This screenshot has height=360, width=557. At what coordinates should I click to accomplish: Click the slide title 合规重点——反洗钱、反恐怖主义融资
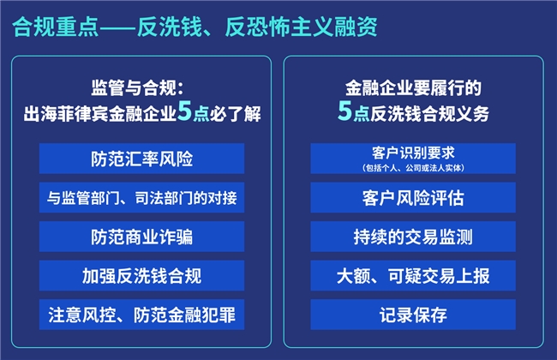(195, 27)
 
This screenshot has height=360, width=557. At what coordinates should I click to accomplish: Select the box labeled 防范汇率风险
(141, 159)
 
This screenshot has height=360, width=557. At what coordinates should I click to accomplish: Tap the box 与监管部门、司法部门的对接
(141, 198)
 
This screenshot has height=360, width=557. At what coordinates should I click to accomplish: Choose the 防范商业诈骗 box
(141, 237)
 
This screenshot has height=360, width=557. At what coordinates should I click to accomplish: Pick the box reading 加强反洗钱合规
(141, 276)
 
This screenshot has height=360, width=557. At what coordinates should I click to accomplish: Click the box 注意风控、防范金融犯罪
(141, 315)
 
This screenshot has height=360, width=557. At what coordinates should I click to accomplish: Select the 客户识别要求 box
(413, 159)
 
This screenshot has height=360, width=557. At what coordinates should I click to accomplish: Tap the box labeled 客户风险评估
(413, 198)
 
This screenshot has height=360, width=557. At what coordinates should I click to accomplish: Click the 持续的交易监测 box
(413, 237)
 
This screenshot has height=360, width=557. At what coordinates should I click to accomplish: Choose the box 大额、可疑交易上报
(413, 276)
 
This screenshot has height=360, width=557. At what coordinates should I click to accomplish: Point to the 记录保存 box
(413, 315)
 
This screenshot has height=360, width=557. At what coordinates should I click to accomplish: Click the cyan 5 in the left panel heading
(185, 111)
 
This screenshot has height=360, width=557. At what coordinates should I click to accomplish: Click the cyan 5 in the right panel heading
(344, 111)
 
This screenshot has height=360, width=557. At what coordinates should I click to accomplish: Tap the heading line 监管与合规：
(137, 87)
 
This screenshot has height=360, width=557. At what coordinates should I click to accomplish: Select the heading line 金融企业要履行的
(413, 87)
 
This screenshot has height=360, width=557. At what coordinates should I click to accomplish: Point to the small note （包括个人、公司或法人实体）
(413, 168)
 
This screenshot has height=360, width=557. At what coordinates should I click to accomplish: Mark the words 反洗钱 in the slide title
(170, 27)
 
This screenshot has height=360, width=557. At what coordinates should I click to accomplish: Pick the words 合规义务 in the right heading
(456, 114)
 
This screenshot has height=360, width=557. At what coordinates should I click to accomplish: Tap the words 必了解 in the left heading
(235, 114)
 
